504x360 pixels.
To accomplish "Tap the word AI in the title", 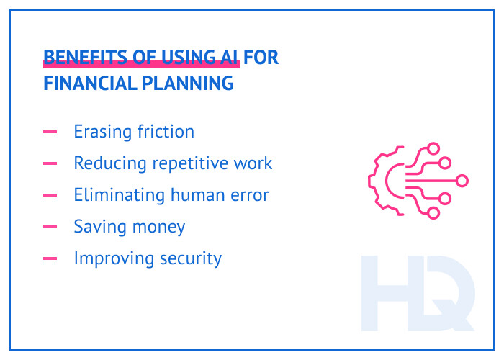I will pyautogui.click(x=228, y=58).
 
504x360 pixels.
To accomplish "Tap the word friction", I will pyautogui.click(x=165, y=132).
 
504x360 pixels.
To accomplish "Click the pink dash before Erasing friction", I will pyautogui.click(x=50, y=132).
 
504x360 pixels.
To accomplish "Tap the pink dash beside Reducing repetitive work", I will pyautogui.click(x=50, y=164).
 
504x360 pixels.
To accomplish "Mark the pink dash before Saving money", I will pyautogui.click(x=50, y=227).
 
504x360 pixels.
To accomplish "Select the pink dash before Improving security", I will pyautogui.click(x=50, y=258).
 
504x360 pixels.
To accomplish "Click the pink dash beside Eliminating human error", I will pyautogui.click(x=50, y=195).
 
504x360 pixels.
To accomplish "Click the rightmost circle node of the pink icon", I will pyautogui.click(x=462, y=181).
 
